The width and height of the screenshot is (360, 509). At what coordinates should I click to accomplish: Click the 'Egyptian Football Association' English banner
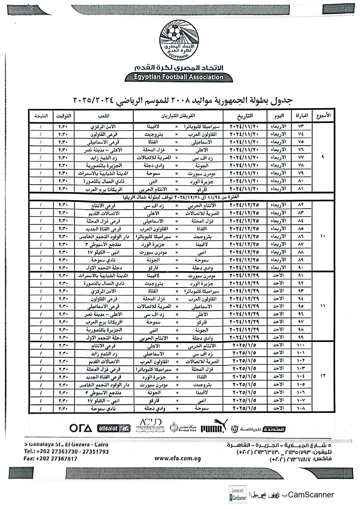(179, 77)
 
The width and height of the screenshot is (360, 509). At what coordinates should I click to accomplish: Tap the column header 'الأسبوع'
(323, 116)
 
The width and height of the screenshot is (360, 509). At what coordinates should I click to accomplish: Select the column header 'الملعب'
(103, 116)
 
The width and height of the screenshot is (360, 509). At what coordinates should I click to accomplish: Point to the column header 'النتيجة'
(41, 116)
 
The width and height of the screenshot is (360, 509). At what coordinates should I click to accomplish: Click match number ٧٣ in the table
(301, 126)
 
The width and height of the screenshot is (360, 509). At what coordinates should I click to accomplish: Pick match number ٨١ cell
(301, 189)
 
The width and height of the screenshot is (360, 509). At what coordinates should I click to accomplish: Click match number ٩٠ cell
(301, 267)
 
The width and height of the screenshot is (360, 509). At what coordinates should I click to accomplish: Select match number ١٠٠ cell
(301, 345)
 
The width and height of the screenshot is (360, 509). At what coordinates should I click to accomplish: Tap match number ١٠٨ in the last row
(301, 408)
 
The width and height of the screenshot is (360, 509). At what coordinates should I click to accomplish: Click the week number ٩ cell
(323, 157)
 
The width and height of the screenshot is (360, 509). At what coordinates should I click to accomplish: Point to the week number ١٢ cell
(323, 376)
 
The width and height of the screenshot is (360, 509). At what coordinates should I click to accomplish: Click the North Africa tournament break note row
(181, 197)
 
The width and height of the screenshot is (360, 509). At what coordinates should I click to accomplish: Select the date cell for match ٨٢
(244, 205)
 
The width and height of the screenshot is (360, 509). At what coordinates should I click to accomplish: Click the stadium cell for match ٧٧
(103, 158)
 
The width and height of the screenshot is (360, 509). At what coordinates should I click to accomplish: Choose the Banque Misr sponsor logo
(183, 427)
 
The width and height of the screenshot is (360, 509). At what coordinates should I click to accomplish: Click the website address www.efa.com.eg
(177, 459)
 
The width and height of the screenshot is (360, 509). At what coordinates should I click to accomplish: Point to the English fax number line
(51, 459)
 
